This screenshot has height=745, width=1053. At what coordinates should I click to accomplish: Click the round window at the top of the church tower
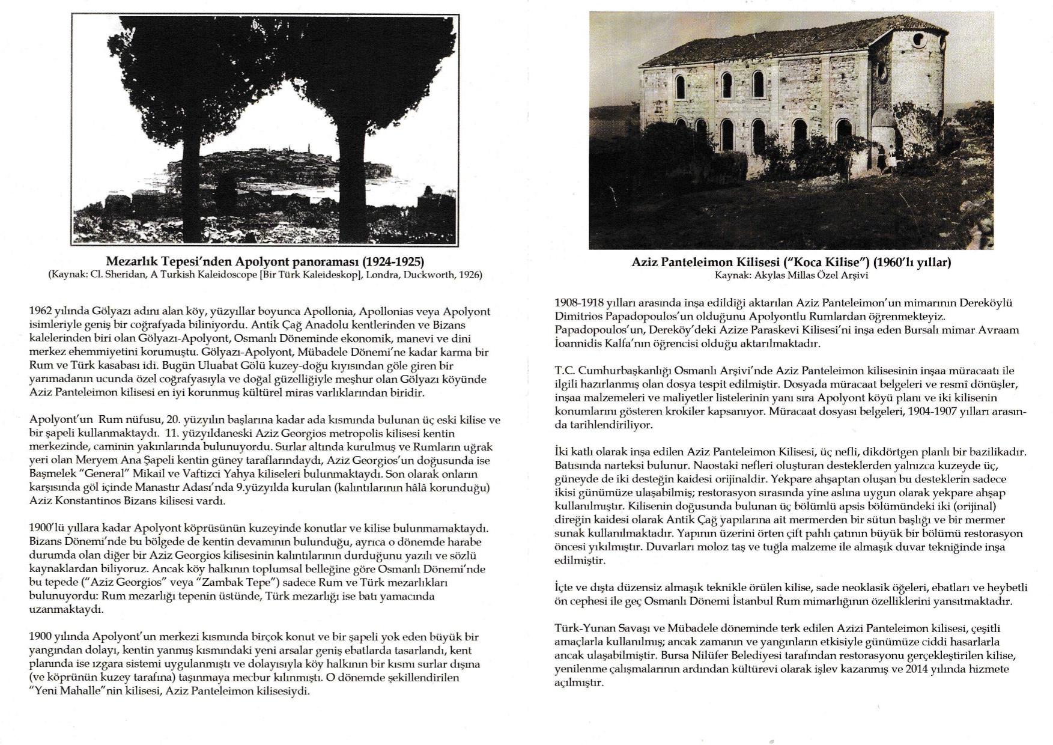point(919,41)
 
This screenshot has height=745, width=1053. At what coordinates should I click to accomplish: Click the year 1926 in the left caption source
point(470,275)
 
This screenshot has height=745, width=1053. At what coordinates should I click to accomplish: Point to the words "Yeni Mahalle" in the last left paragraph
point(60,691)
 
